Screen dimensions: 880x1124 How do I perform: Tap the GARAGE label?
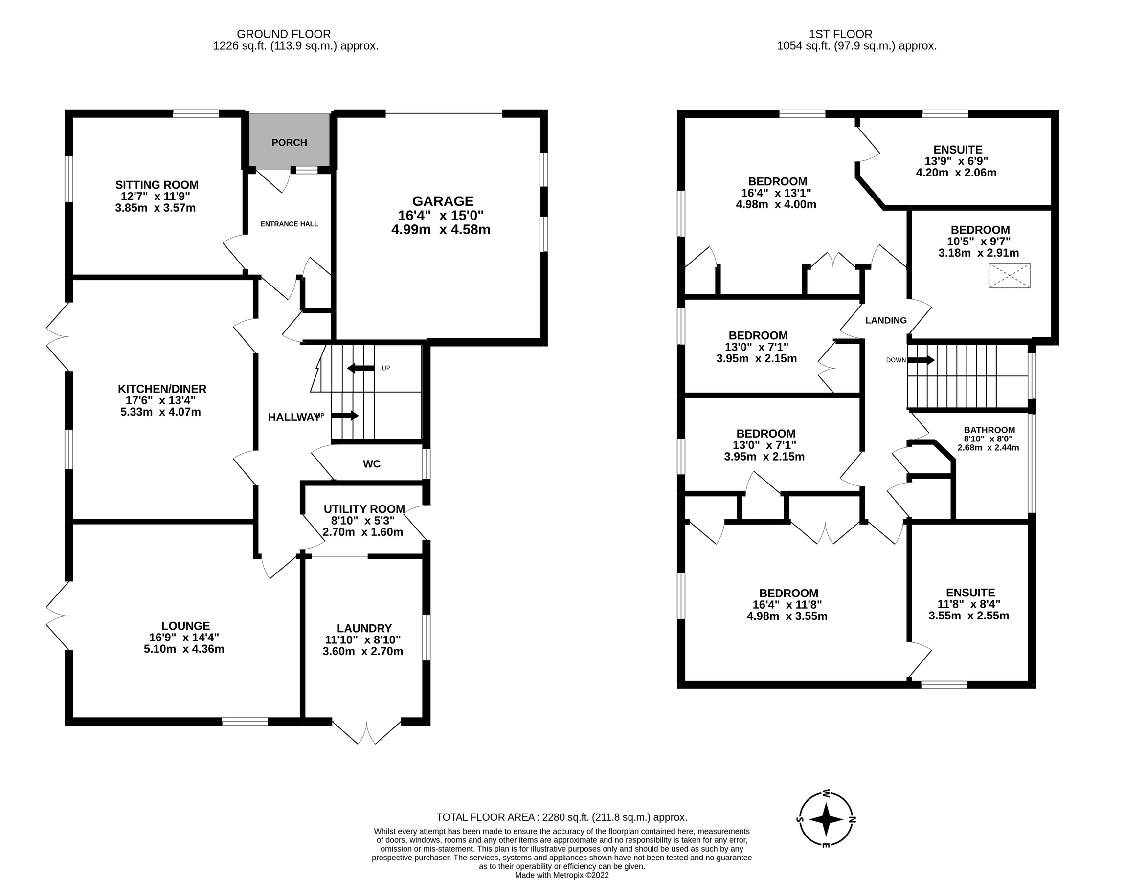click(442, 201)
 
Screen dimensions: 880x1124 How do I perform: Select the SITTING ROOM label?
click(157, 185)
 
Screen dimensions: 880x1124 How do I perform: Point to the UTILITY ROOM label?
click(364, 509)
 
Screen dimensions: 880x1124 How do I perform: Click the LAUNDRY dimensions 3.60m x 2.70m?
click(363, 651)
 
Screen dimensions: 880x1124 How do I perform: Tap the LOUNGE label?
click(185, 625)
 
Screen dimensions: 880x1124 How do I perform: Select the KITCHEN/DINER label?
click(162, 389)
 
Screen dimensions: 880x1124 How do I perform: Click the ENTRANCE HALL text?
click(289, 224)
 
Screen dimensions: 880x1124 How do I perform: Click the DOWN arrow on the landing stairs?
click(921, 360)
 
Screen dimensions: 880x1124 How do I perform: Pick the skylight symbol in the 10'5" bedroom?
click(1010, 276)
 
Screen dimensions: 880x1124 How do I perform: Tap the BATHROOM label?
click(989, 430)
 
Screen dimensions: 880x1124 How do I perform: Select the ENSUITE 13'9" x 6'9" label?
click(958, 150)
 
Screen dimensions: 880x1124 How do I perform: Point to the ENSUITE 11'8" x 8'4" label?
click(970, 593)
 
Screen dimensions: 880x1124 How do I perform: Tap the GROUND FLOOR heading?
click(284, 34)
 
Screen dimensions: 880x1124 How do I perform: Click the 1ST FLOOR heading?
click(840, 34)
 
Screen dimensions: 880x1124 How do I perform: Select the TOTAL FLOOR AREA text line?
click(561, 817)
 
